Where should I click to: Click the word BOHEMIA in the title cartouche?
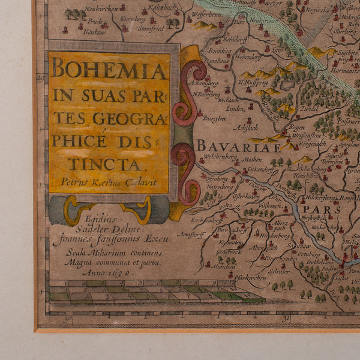(109, 70)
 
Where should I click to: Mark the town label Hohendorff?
(248, 58)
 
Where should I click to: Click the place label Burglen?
(213, 119)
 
